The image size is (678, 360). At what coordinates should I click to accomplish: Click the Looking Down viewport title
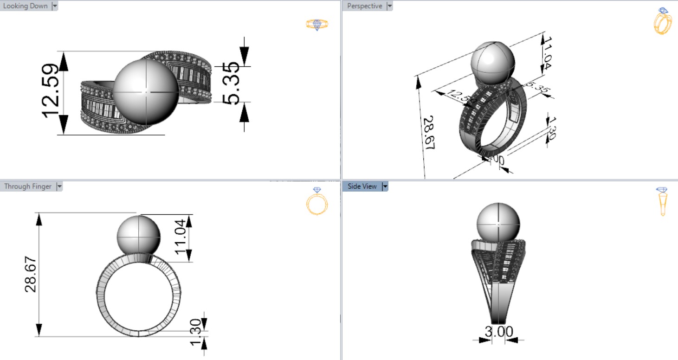pyautogui.click(x=25, y=6)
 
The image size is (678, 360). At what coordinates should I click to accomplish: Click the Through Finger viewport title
pyautogui.click(x=27, y=186)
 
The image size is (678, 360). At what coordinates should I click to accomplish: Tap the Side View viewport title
pyautogui.click(x=362, y=186)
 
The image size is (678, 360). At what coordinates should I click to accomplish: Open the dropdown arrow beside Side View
pyautogui.click(x=385, y=186)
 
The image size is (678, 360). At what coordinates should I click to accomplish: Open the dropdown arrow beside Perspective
pyautogui.click(x=389, y=6)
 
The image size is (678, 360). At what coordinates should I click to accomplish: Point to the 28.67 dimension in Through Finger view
pyautogui.click(x=31, y=274)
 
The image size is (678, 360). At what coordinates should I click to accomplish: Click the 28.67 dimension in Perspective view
pyautogui.click(x=428, y=132)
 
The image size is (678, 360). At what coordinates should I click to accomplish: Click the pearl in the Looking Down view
pyautogui.click(x=146, y=92)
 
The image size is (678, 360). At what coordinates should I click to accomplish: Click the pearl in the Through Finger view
pyautogui.click(x=138, y=235)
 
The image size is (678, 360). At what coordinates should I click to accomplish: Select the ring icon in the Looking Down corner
pyautogui.click(x=317, y=24)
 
